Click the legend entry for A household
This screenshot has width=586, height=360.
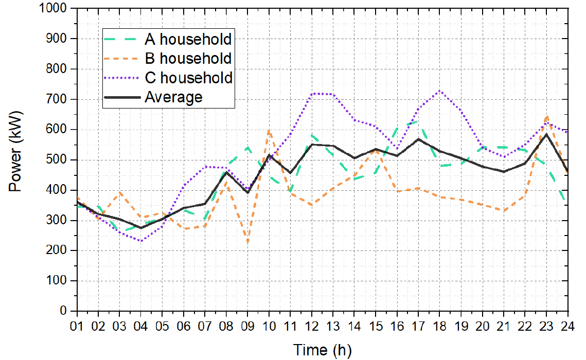click(188, 39)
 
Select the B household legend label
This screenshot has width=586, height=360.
click(188, 58)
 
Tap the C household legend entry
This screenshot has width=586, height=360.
click(189, 78)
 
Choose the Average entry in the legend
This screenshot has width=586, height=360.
click(174, 97)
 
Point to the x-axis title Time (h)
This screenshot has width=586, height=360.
click(323, 350)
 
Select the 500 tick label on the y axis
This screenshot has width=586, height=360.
click(59, 160)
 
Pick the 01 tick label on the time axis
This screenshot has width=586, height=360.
click(77, 326)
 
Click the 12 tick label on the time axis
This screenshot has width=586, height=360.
click(311, 326)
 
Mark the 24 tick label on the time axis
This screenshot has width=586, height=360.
click(567, 326)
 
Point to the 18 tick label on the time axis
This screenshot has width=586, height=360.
click(439, 326)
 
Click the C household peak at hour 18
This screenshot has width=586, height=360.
click(439, 91)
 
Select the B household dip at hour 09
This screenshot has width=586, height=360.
click(247, 242)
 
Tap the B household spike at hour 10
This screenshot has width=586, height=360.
click(269, 131)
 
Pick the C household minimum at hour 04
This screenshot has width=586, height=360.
click(141, 241)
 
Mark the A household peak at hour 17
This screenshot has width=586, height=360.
click(418, 121)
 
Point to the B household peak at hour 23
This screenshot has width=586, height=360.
click(546, 117)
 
